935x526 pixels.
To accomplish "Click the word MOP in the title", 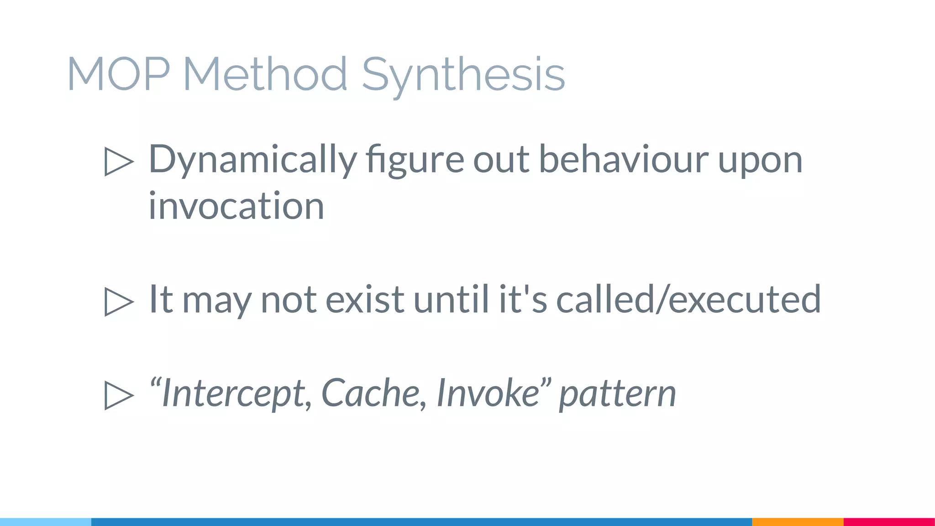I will pos(119,74).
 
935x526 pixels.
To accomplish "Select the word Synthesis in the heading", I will pos(463,75).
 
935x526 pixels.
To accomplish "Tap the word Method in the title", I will pos(266,74).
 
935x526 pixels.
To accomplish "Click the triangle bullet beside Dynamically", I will pos(119,161).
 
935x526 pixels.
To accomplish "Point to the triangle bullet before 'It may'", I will pos(119,301).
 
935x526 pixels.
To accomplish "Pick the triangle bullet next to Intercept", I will pos(119,395).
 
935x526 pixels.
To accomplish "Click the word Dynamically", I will pos(252,160).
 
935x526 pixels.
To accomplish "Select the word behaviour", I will pos(624,160).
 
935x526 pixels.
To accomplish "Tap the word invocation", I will pos(236,206).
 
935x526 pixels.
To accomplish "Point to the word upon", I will pos(760,161).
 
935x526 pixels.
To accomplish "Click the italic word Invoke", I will pos(489,393).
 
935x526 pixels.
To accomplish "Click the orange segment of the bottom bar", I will pos(798,522).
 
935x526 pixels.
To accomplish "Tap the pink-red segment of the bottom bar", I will pos(889,522).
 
